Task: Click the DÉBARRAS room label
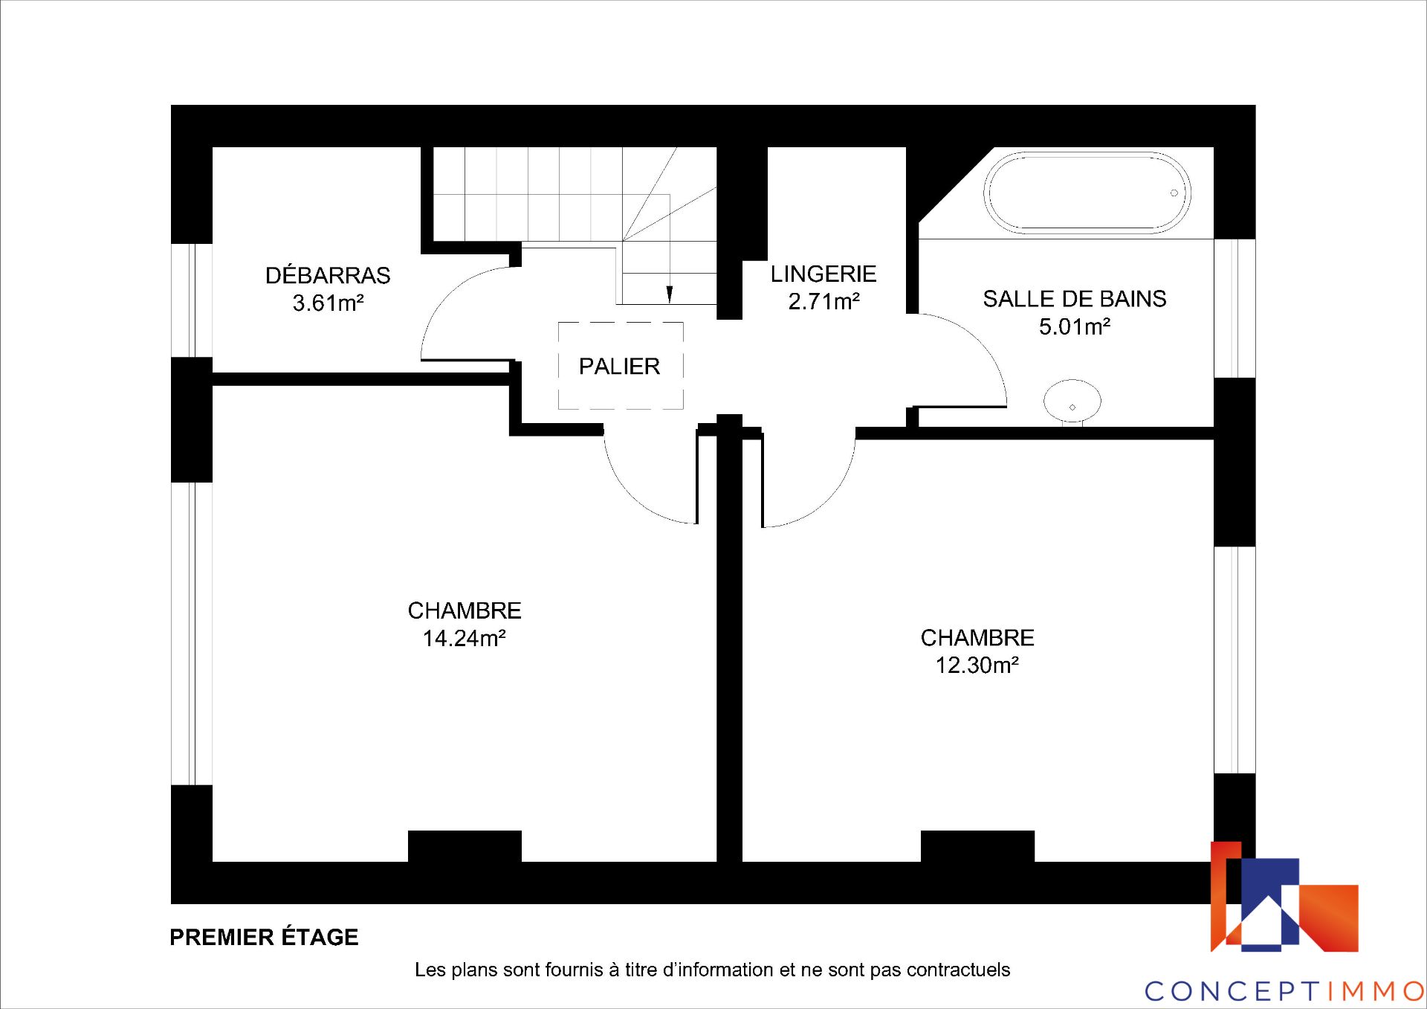pyautogui.click(x=328, y=275)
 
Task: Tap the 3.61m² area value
pyautogui.click(x=328, y=303)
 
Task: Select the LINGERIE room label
pyautogui.click(x=823, y=274)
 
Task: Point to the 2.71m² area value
pyautogui.click(x=823, y=301)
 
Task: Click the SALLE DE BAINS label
pyautogui.click(x=1075, y=299)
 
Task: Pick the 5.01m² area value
pyautogui.click(x=1075, y=326)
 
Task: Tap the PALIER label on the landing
pyautogui.click(x=619, y=366)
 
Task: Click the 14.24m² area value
pyautogui.click(x=465, y=638)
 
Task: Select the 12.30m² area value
pyautogui.click(x=977, y=665)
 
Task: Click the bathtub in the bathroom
pyautogui.click(x=1087, y=193)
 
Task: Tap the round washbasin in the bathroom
pyautogui.click(x=1072, y=402)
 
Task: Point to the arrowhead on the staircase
pyautogui.click(x=670, y=294)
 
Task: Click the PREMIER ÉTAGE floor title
pyautogui.click(x=264, y=937)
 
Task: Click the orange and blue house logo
pyautogui.click(x=1284, y=897)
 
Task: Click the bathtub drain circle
pyautogui.click(x=1174, y=193)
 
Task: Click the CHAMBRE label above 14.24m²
pyautogui.click(x=465, y=610)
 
